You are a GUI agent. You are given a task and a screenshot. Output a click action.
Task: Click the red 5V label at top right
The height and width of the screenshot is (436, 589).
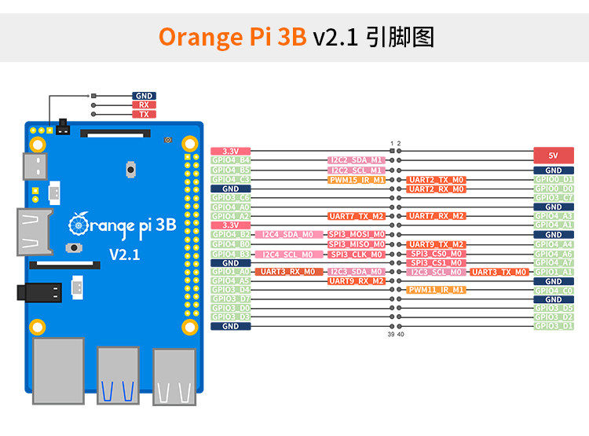point(554,155)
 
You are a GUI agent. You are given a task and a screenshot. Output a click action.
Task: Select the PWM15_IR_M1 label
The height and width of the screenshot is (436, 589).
point(357,180)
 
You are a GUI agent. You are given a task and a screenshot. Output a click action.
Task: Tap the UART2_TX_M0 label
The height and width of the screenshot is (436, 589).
point(437,180)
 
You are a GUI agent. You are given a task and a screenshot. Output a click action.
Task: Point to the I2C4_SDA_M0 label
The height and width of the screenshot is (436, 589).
point(287,235)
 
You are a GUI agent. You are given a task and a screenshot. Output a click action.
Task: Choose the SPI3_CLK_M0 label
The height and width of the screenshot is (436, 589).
point(357,254)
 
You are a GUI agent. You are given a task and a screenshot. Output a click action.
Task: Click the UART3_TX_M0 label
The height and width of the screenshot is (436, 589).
point(499,272)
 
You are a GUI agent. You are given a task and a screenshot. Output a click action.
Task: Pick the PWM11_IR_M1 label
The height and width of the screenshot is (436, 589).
point(437,290)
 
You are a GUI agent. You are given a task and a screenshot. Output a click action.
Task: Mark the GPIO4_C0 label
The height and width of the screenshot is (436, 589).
point(554,290)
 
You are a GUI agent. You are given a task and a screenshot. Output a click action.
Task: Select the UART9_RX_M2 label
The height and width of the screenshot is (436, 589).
point(357,280)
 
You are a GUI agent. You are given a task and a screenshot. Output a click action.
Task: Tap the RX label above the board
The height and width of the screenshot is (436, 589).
point(144,104)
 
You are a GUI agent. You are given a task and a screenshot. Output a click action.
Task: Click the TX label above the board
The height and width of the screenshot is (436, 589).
point(144,114)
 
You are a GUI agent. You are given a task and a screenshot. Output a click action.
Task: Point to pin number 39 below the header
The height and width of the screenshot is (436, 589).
point(391,335)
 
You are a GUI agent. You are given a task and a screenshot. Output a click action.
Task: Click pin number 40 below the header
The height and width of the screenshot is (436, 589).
point(401,335)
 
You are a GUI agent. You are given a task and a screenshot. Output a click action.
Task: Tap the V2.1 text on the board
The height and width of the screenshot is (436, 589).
point(124,255)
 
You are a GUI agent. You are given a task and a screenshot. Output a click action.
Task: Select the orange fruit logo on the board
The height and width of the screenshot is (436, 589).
point(79,224)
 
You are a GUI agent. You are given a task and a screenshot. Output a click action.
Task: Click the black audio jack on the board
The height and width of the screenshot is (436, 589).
point(39,293)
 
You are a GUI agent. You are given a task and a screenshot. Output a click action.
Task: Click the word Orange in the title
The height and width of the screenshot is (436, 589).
point(197,37)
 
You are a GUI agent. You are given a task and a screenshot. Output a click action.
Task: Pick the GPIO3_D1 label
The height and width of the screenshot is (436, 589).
point(554,326)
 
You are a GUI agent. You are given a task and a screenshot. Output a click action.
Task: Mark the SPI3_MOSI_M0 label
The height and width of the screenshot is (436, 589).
point(357,235)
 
